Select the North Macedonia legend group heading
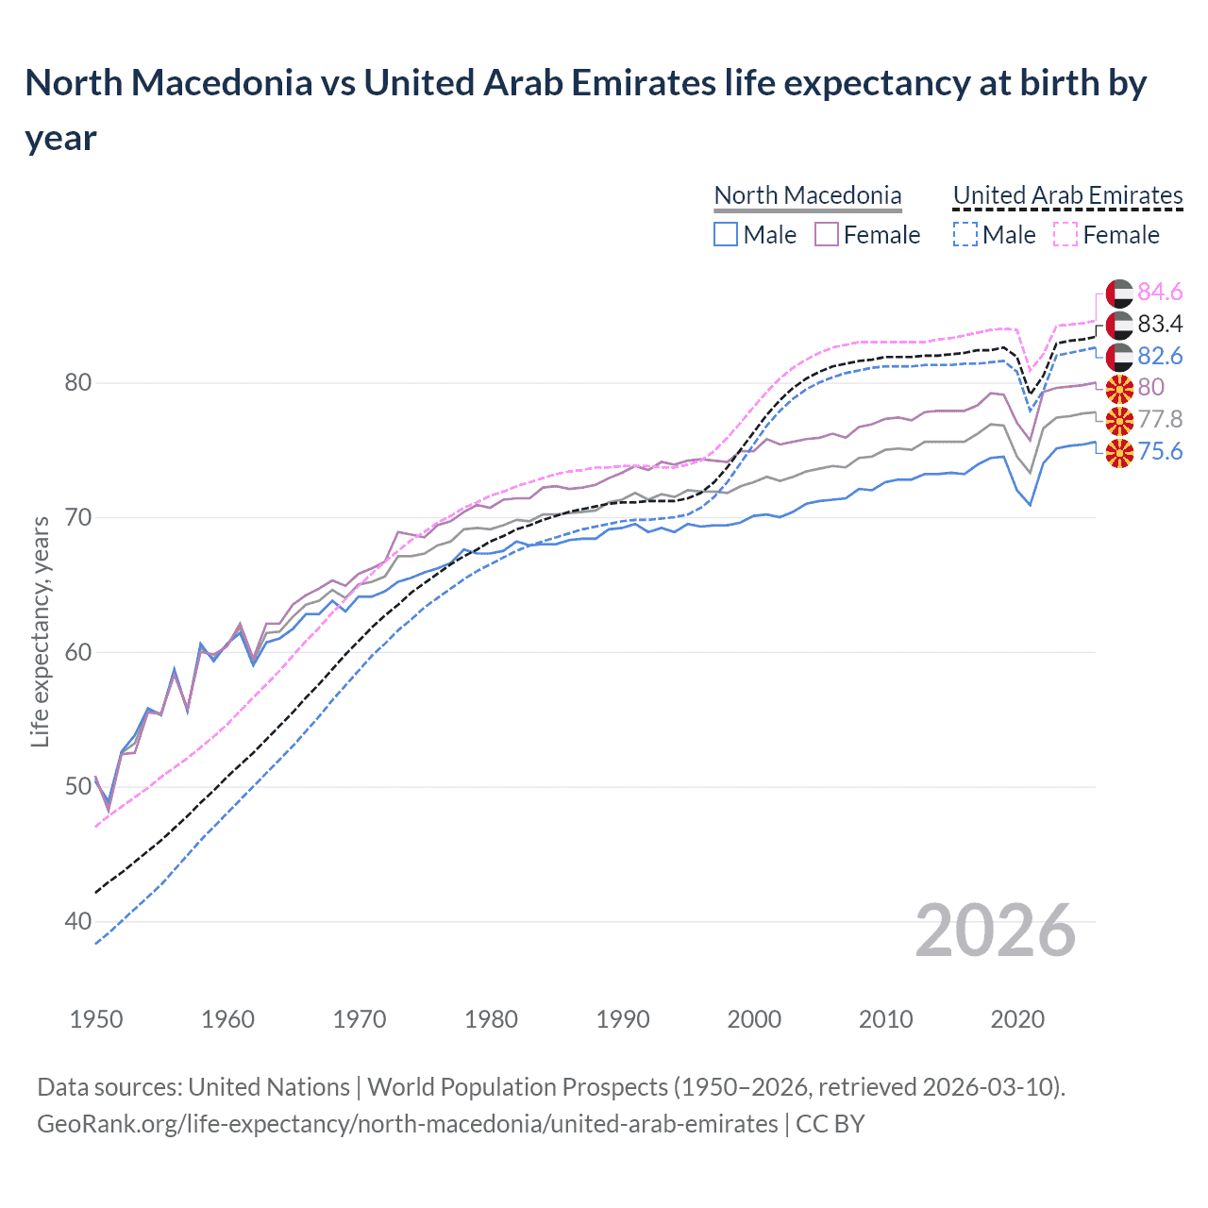click(x=807, y=195)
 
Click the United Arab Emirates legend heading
click(x=1067, y=195)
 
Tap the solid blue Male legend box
click(x=725, y=234)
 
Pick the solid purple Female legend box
click(x=827, y=234)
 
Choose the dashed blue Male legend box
click(x=965, y=234)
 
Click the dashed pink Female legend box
click(x=1065, y=234)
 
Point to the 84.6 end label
click(x=1160, y=293)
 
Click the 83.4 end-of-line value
click(x=1160, y=325)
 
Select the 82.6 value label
click(x=1160, y=356)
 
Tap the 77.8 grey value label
click(x=1160, y=419)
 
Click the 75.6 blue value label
click(x=1160, y=451)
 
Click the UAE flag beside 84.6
click(x=1119, y=293)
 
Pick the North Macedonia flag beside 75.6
click(x=1119, y=452)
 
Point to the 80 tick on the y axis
click(x=78, y=382)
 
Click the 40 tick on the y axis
click(x=78, y=921)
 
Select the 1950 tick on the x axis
click(x=96, y=1019)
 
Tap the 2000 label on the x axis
click(x=754, y=1019)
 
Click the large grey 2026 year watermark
click(x=995, y=931)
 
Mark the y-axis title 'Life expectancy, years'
click(x=41, y=632)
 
